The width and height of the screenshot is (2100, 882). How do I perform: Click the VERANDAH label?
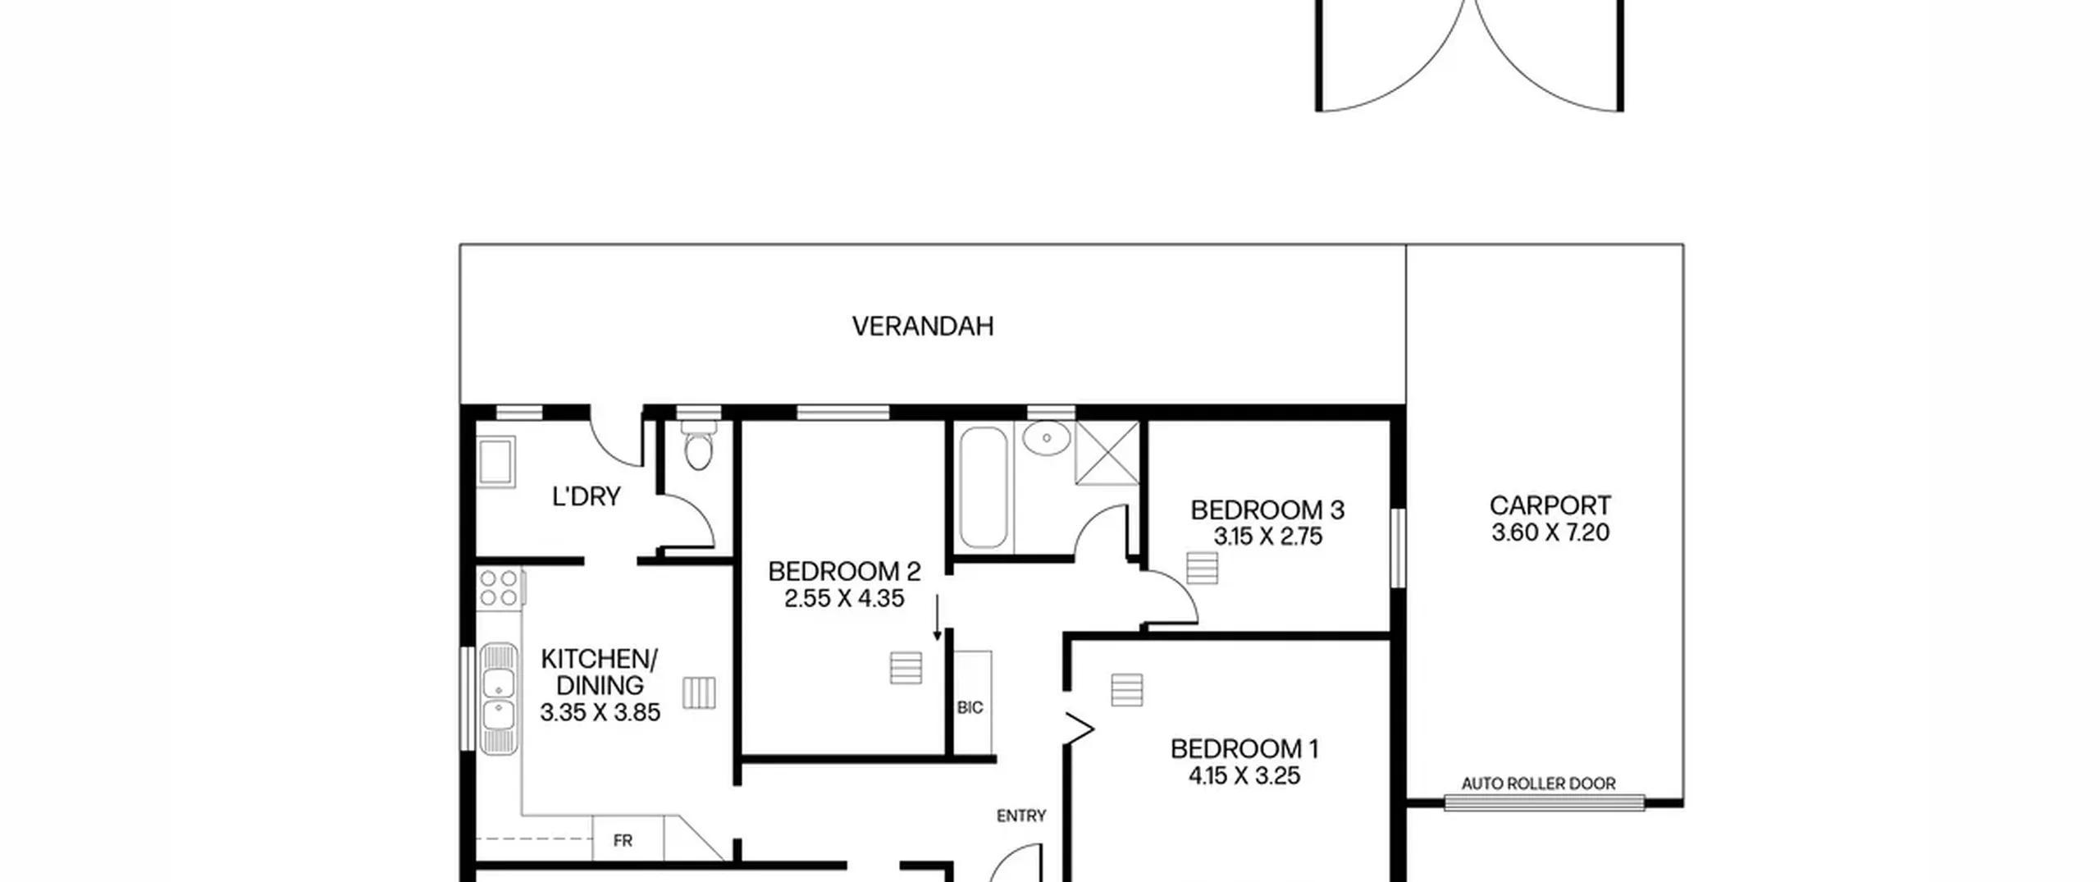click(x=923, y=327)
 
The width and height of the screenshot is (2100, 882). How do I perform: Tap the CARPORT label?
click(x=1550, y=505)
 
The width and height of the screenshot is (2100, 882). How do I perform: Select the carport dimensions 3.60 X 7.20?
click(x=1550, y=532)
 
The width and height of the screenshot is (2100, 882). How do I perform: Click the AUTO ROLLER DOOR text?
click(x=1539, y=784)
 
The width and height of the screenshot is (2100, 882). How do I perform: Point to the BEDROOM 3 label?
click(x=1267, y=510)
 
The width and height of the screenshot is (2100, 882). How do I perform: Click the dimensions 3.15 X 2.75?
click(x=1268, y=537)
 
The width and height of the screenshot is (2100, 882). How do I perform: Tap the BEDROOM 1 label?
click(x=1244, y=749)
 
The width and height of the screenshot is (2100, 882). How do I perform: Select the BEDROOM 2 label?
click(x=844, y=571)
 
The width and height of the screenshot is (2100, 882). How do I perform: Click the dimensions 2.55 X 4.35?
click(x=844, y=598)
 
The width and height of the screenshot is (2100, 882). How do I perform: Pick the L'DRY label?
click(x=587, y=496)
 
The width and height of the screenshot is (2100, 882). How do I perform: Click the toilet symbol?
click(x=698, y=446)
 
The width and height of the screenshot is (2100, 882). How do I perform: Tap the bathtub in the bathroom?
click(x=983, y=487)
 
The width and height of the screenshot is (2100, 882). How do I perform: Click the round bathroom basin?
click(x=1047, y=438)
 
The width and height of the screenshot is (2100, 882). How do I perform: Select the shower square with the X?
click(x=1107, y=453)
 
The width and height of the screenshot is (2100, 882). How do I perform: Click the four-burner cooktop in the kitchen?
click(x=500, y=589)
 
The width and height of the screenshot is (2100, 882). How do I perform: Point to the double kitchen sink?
click(x=499, y=699)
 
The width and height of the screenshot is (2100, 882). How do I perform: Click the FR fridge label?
click(x=623, y=841)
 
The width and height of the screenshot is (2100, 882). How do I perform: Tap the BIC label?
click(x=970, y=707)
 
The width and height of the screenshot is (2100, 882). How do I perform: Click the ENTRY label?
click(x=1021, y=816)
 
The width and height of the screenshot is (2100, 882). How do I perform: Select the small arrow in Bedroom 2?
click(x=937, y=618)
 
